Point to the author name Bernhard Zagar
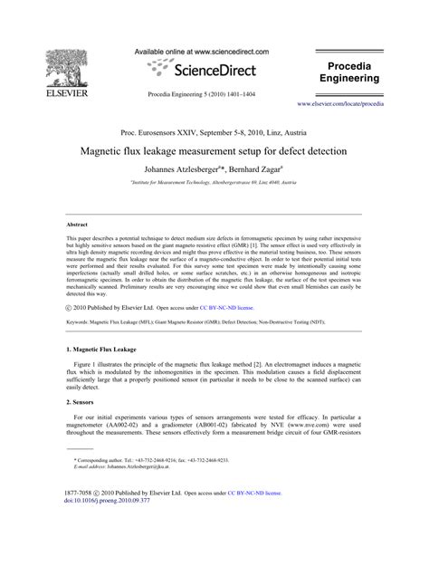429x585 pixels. [x=253, y=169]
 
